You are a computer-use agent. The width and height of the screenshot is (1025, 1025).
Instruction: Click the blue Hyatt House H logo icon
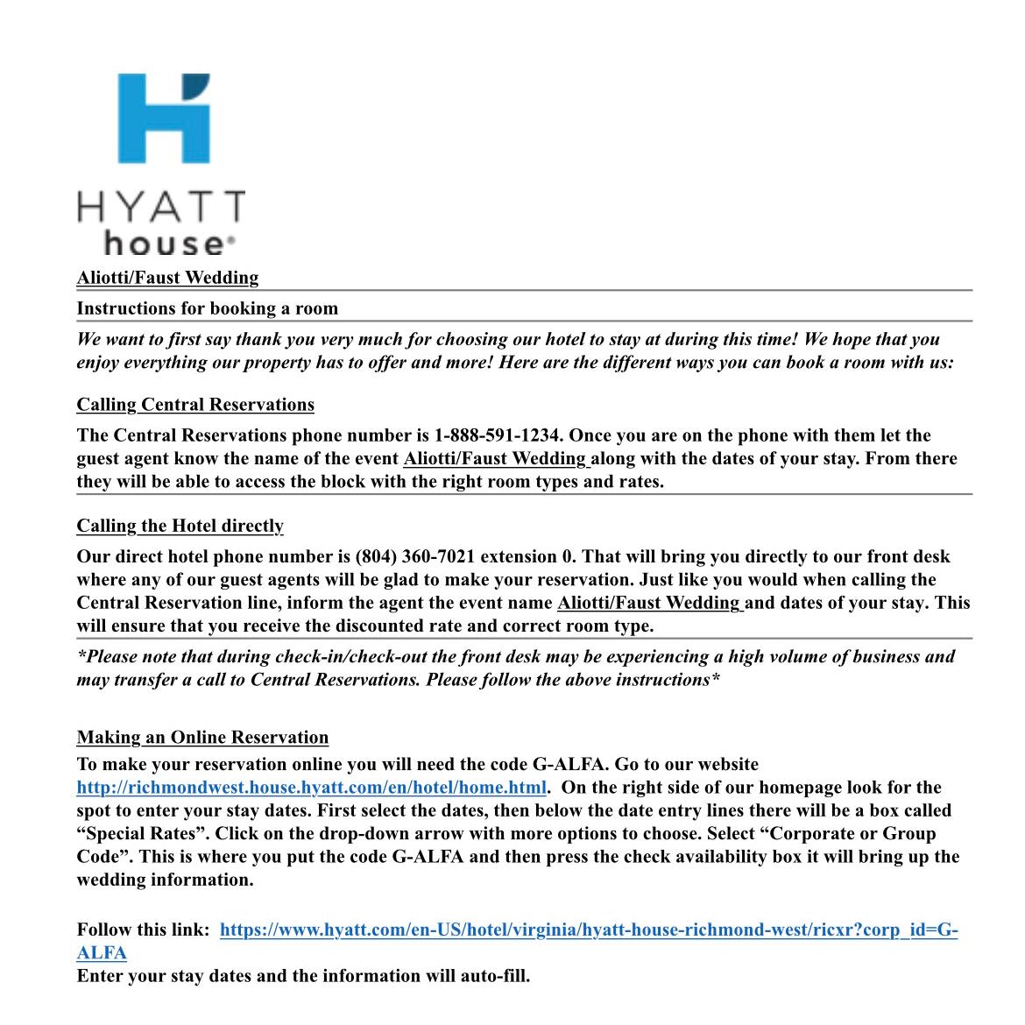click(x=164, y=117)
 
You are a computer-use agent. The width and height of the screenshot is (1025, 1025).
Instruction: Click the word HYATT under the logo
click(x=161, y=209)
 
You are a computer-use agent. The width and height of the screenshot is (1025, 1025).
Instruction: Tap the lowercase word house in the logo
click(x=164, y=243)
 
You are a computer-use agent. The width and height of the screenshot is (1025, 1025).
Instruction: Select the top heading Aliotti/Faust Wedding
click(x=167, y=278)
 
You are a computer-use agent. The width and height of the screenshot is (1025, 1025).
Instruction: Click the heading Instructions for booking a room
click(x=207, y=308)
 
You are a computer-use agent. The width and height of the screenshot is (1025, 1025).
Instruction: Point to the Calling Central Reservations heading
click(x=195, y=405)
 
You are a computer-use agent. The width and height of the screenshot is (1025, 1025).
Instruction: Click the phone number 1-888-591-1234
click(x=496, y=435)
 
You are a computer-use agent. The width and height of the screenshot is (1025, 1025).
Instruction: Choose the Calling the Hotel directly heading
click(x=180, y=526)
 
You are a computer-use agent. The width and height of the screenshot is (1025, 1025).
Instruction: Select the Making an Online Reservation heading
click(x=202, y=738)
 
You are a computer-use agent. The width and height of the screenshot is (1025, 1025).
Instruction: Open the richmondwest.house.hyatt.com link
click(x=311, y=788)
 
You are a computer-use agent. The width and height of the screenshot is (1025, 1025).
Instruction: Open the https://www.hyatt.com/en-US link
click(x=588, y=930)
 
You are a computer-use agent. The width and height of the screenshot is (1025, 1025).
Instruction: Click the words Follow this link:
click(x=143, y=930)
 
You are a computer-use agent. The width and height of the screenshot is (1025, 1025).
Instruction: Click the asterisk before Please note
click(x=81, y=655)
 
